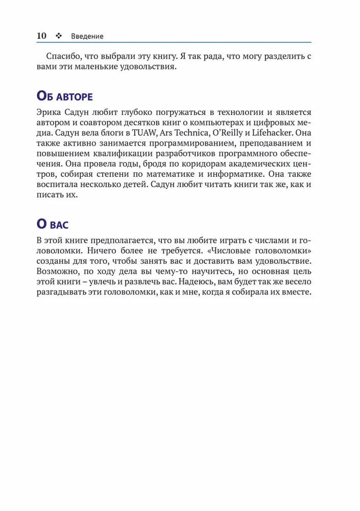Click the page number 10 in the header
tap(42, 36)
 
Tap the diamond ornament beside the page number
tap(58, 36)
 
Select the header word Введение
tap(87, 36)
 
